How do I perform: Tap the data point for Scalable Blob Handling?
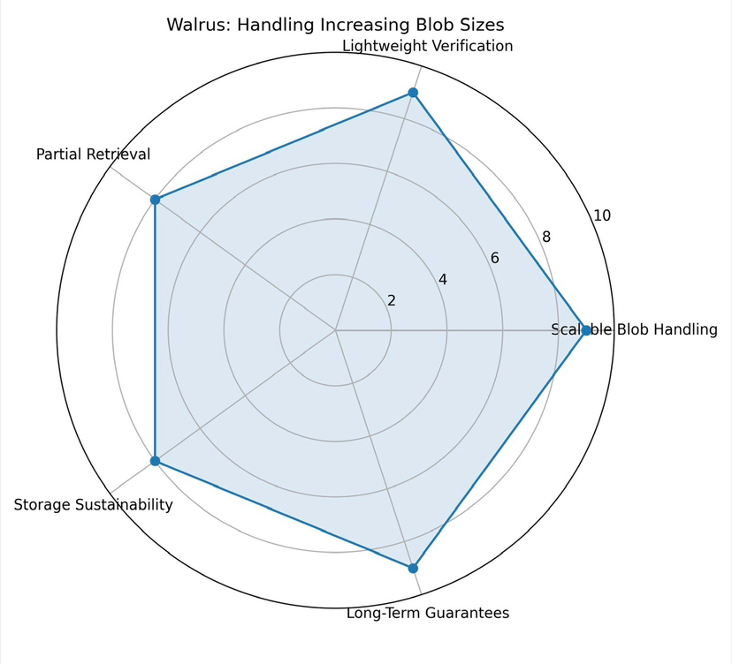(x=585, y=331)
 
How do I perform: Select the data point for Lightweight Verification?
(x=413, y=93)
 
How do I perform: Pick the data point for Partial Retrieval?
(x=155, y=200)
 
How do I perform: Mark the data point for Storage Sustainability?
(x=155, y=461)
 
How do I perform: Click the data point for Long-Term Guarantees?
(x=413, y=569)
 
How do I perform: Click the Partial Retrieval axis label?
(x=93, y=155)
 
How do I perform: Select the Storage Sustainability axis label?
(x=93, y=505)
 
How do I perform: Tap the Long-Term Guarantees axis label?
(x=427, y=613)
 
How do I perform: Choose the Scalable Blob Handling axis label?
(x=634, y=330)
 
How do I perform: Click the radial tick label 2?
(x=392, y=300)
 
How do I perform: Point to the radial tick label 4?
(x=443, y=280)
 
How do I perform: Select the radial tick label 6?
(x=494, y=259)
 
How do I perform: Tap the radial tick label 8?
(x=546, y=237)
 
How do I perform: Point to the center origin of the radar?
(x=335, y=331)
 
